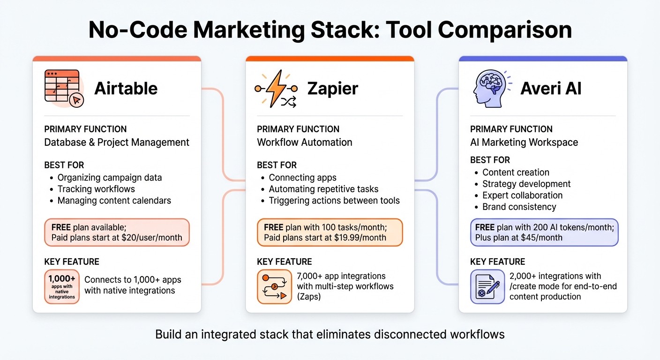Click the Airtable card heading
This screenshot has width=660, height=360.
126,88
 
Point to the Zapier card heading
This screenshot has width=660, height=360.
332,88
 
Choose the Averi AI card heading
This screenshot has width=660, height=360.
551,88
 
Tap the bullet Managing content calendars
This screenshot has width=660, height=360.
114,201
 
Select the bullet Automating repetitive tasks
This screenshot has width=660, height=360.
323,189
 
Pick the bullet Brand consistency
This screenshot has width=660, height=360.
519,207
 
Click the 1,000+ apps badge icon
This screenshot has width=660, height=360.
62,286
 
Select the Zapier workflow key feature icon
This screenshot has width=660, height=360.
275,286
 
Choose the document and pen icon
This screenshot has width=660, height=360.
487,286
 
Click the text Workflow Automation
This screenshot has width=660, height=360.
304,142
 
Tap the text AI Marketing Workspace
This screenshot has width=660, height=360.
524,142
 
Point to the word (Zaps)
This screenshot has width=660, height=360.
309,296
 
